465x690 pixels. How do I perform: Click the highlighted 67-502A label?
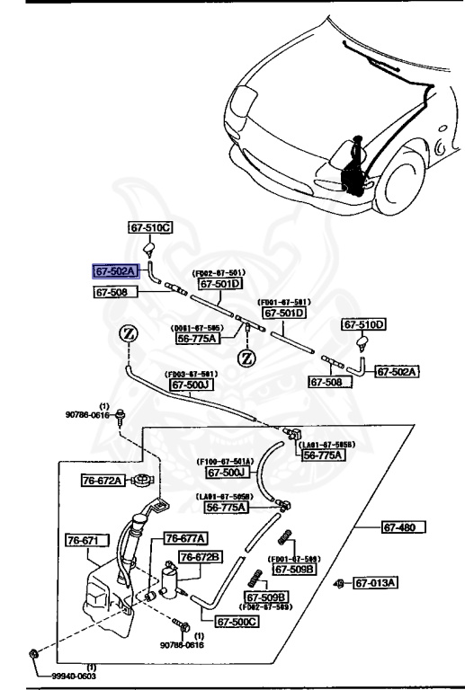click(x=115, y=270)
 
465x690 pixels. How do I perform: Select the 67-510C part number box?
click(x=149, y=228)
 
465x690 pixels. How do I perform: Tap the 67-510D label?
click(x=363, y=324)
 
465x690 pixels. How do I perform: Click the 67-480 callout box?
click(x=402, y=526)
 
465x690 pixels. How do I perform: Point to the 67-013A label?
click(x=375, y=583)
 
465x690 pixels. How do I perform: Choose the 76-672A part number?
click(x=102, y=481)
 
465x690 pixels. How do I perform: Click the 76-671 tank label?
click(x=86, y=541)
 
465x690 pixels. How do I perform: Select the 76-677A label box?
click(x=186, y=538)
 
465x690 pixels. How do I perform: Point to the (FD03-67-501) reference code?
click(x=190, y=374)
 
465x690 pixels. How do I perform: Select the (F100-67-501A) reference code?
click(x=225, y=462)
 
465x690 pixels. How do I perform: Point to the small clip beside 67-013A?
click(x=338, y=584)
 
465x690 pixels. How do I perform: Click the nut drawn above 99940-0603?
click(x=32, y=651)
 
